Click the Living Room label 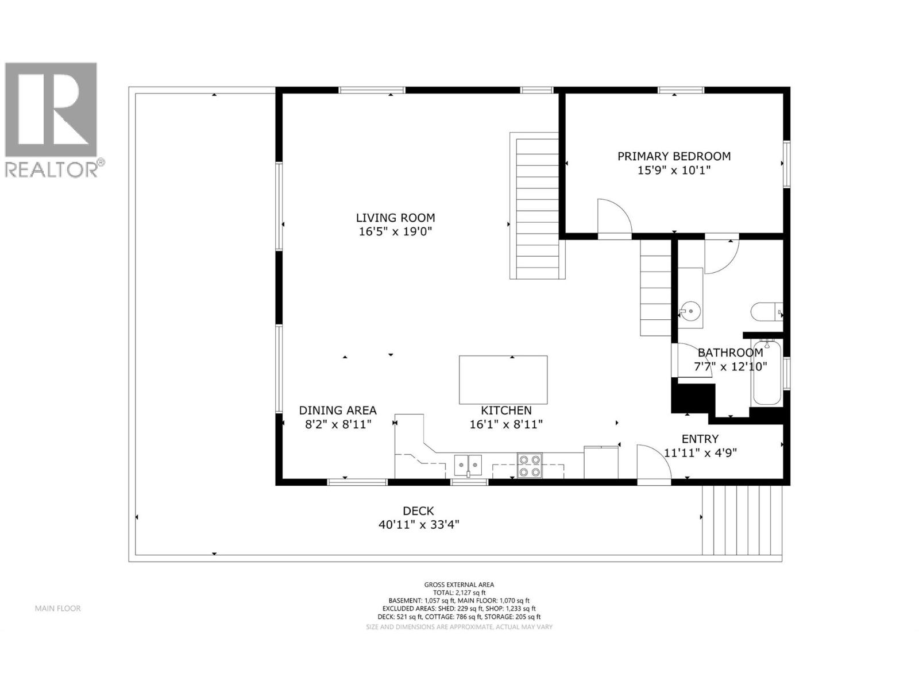click(x=395, y=218)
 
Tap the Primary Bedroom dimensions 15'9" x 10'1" click(x=674, y=171)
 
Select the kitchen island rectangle click(x=503, y=380)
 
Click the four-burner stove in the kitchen click(x=530, y=466)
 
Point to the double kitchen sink click(x=468, y=465)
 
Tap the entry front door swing click(x=653, y=463)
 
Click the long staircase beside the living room click(x=538, y=206)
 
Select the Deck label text click(x=418, y=511)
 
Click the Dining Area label click(x=338, y=411)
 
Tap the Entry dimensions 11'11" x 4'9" click(x=700, y=452)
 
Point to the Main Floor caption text click(x=57, y=609)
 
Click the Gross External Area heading click(x=459, y=585)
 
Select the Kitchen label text click(x=506, y=411)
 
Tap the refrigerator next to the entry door click(x=601, y=462)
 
